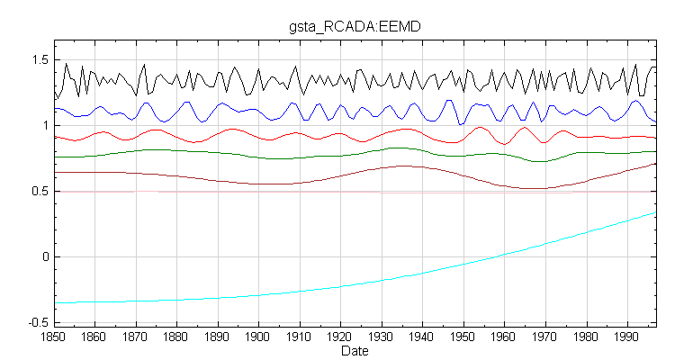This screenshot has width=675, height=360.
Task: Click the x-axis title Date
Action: click(x=354, y=351)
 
